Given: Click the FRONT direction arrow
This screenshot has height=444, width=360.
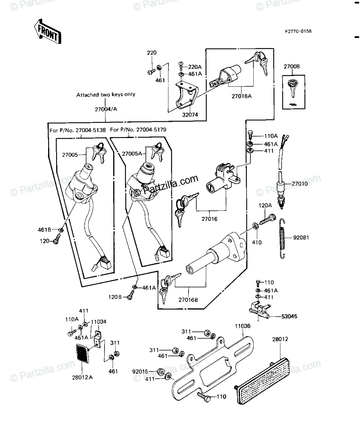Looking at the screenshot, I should click(47, 32).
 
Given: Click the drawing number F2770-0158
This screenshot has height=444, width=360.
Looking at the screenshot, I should click(298, 31).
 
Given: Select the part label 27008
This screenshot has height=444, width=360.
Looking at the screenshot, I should click(292, 67).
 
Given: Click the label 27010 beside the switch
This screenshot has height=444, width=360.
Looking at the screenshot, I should click(299, 183).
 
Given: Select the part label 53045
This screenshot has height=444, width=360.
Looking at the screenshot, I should click(289, 316).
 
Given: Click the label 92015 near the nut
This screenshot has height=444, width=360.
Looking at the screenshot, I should click(140, 371).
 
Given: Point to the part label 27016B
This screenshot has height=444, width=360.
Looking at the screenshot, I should click(187, 300).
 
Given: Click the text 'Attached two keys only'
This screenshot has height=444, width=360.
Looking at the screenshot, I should click(106, 95).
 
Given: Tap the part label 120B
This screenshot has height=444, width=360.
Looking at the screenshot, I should click(115, 297).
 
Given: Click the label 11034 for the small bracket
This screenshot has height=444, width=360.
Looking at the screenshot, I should click(99, 322).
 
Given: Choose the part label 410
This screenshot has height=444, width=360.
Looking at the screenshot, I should click(257, 243).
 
